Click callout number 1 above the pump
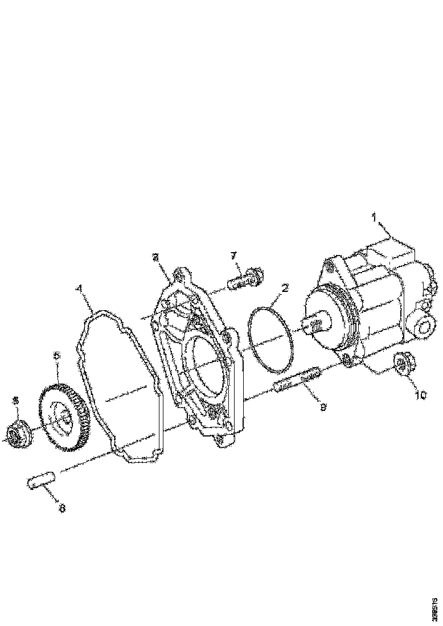pyautogui.click(x=374, y=217)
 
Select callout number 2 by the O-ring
pyautogui.click(x=285, y=289)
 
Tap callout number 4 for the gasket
pyautogui.click(x=80, y=289)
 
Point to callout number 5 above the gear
pyautogui.click(x=56, y=356)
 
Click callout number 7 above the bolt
pyautogui.click(x=234, y=256)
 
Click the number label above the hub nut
pyautogui.click(x=16, y=401)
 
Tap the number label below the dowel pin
pyautogui.click(x=61, y=508)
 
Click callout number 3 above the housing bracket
pyautogui.click(x=155, y=258)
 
